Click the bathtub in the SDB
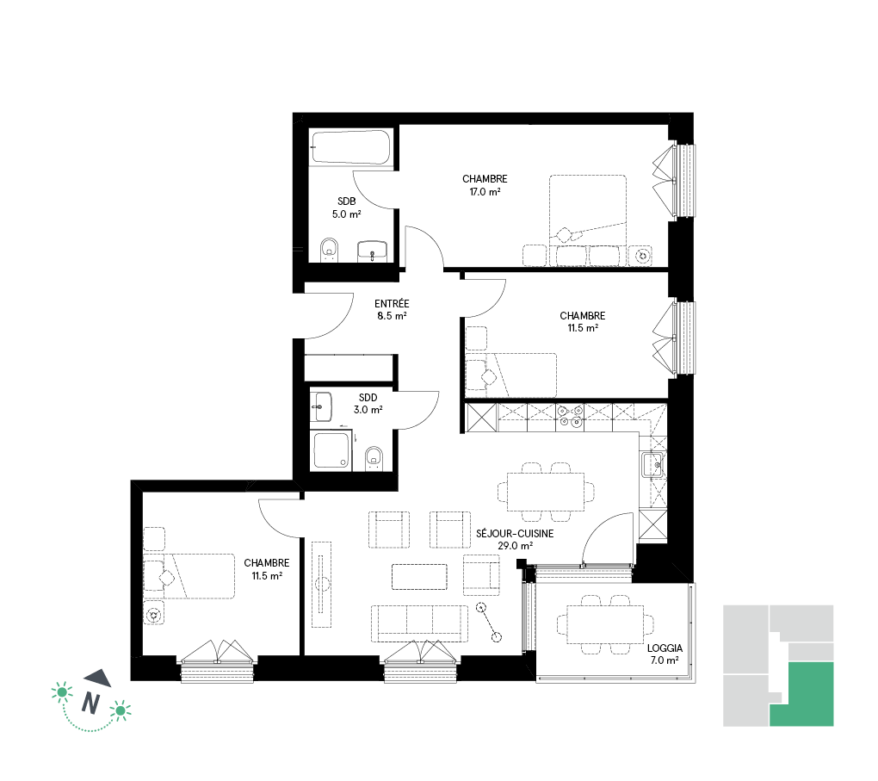click(351, 147)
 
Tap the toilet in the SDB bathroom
click(329, 250)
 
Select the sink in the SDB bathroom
click(373, 251)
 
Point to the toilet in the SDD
click(374, 458)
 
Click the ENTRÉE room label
click(392, 304)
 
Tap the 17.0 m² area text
click(485, 192)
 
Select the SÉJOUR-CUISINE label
click(515, 533)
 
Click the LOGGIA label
click(665, 648)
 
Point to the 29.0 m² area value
click(515, 546)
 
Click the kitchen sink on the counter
click(652, 464)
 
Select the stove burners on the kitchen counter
click(570, 416)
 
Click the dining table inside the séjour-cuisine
click(546, 492)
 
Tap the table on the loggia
click(605, 624)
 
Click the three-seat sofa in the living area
click(419, 623)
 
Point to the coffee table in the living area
click(419, 577)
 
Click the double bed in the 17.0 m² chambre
click(587, 220)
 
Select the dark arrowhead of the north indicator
click(99, 678)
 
